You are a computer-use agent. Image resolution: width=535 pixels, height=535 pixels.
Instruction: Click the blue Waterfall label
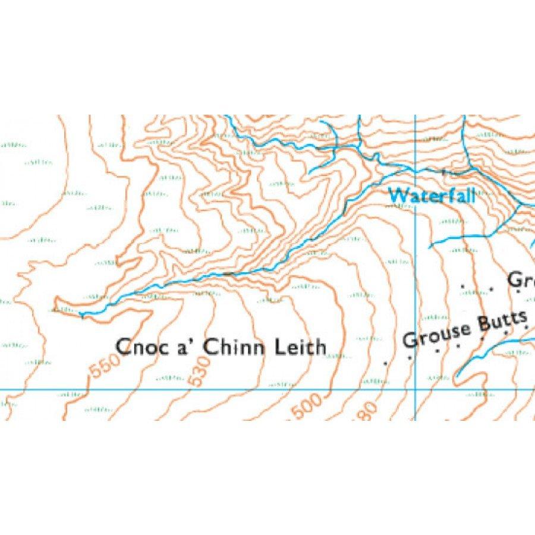432,195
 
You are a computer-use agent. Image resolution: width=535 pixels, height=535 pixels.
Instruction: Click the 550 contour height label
102,370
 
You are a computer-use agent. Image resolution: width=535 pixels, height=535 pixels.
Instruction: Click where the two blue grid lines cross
414,389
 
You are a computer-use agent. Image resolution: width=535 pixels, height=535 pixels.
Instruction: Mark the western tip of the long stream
80,313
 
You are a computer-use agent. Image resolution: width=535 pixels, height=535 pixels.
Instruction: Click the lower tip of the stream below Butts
457,376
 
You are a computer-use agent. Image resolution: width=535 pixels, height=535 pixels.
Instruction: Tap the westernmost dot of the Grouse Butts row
387,362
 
